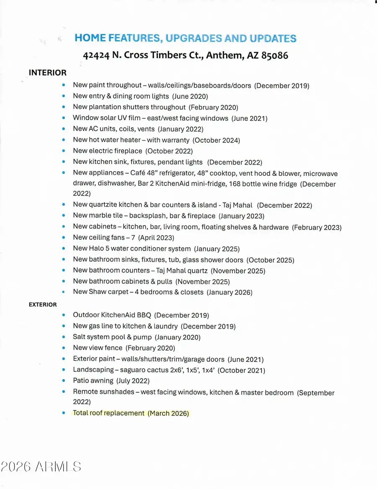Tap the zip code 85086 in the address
tap(274, 55)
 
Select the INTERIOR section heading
tap(47, 73)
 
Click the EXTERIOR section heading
tap(42, 304)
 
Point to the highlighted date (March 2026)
tap(168, 413)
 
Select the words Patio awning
tap(93, 381)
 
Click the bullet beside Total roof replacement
tap(64, 413)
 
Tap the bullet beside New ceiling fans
tap(64, 238)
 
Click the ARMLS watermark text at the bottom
tap(58, 467)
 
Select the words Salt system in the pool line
tap(93, 337)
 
